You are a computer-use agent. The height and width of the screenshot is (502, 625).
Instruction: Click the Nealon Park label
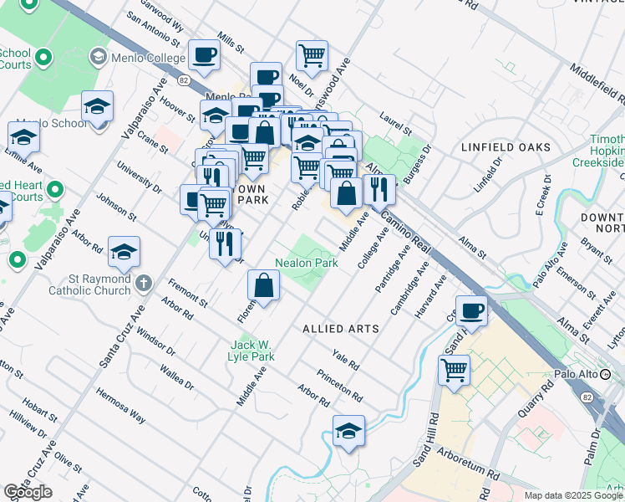[306, 263]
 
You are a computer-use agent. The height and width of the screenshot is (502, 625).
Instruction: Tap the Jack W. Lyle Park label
[252, 350]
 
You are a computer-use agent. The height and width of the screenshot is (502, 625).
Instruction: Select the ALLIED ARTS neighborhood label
[341, 329]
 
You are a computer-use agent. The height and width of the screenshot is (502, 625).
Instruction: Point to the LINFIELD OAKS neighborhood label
[506, 147]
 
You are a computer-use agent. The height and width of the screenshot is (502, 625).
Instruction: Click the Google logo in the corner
[28, 491]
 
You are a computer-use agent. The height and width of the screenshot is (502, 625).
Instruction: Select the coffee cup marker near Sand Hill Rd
[471, 310]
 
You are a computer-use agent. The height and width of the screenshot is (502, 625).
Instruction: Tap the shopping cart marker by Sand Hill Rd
[454, 368]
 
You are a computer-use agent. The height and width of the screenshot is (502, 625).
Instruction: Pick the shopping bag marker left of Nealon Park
[263, 285]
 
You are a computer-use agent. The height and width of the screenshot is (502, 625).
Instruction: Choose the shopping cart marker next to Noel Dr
[312, 55]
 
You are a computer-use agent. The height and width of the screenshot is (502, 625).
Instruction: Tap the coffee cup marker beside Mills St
[204, 55]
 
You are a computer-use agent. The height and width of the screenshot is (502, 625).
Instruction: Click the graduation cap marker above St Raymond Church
[124, 251]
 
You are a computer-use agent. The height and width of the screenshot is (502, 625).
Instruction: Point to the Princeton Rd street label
[339, 386]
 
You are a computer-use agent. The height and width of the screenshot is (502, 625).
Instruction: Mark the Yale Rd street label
[344, 361]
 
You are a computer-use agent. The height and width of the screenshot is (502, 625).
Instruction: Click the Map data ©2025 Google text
[572, 495]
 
